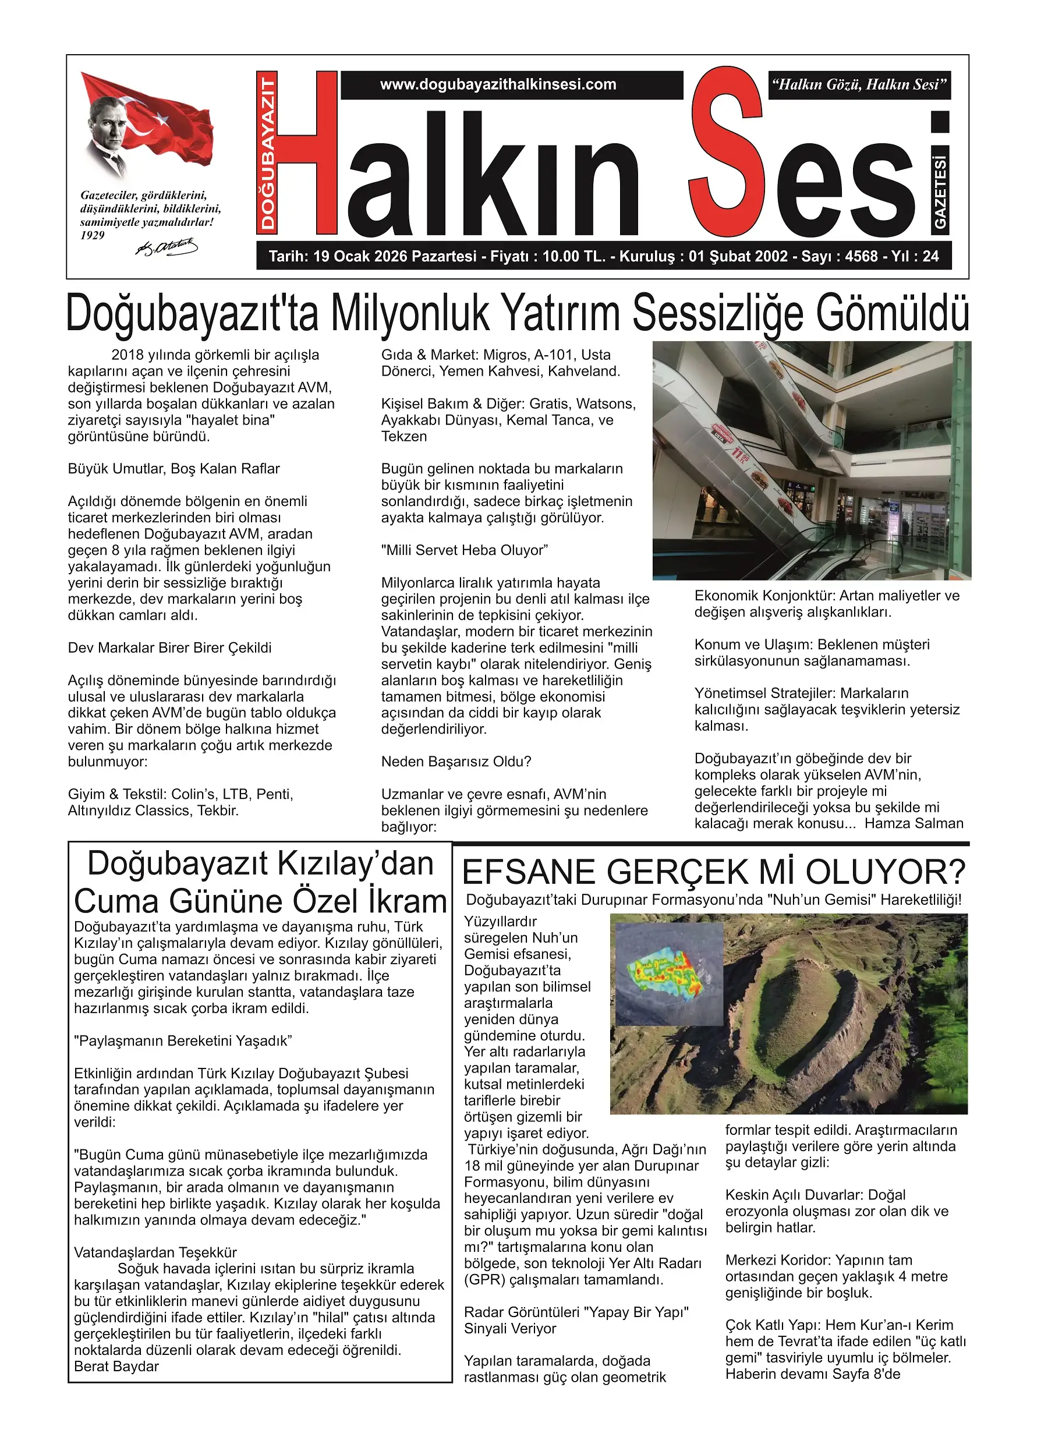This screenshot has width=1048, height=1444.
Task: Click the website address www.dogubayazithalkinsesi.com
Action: pos(498,84)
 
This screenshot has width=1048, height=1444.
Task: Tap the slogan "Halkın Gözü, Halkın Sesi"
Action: pos(859,84)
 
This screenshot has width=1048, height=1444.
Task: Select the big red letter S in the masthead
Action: pos(726,153)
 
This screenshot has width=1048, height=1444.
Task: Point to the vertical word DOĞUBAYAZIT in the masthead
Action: pos(267,151)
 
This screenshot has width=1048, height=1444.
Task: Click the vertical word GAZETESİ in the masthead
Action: pos(940,191)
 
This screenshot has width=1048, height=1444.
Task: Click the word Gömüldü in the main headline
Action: pos(893,314)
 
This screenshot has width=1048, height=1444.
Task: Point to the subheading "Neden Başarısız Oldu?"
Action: pos(456,762)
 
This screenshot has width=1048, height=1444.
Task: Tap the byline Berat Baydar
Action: pos(116,1367)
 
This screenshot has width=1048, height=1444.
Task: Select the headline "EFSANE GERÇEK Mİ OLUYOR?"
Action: pos(714,872)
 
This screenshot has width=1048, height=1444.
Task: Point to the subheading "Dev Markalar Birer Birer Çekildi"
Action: pos(169,647)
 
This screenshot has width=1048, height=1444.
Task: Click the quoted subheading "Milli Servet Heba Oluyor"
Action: pos(464,550)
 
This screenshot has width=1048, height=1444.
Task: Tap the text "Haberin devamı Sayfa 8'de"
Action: pos(812,1374)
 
